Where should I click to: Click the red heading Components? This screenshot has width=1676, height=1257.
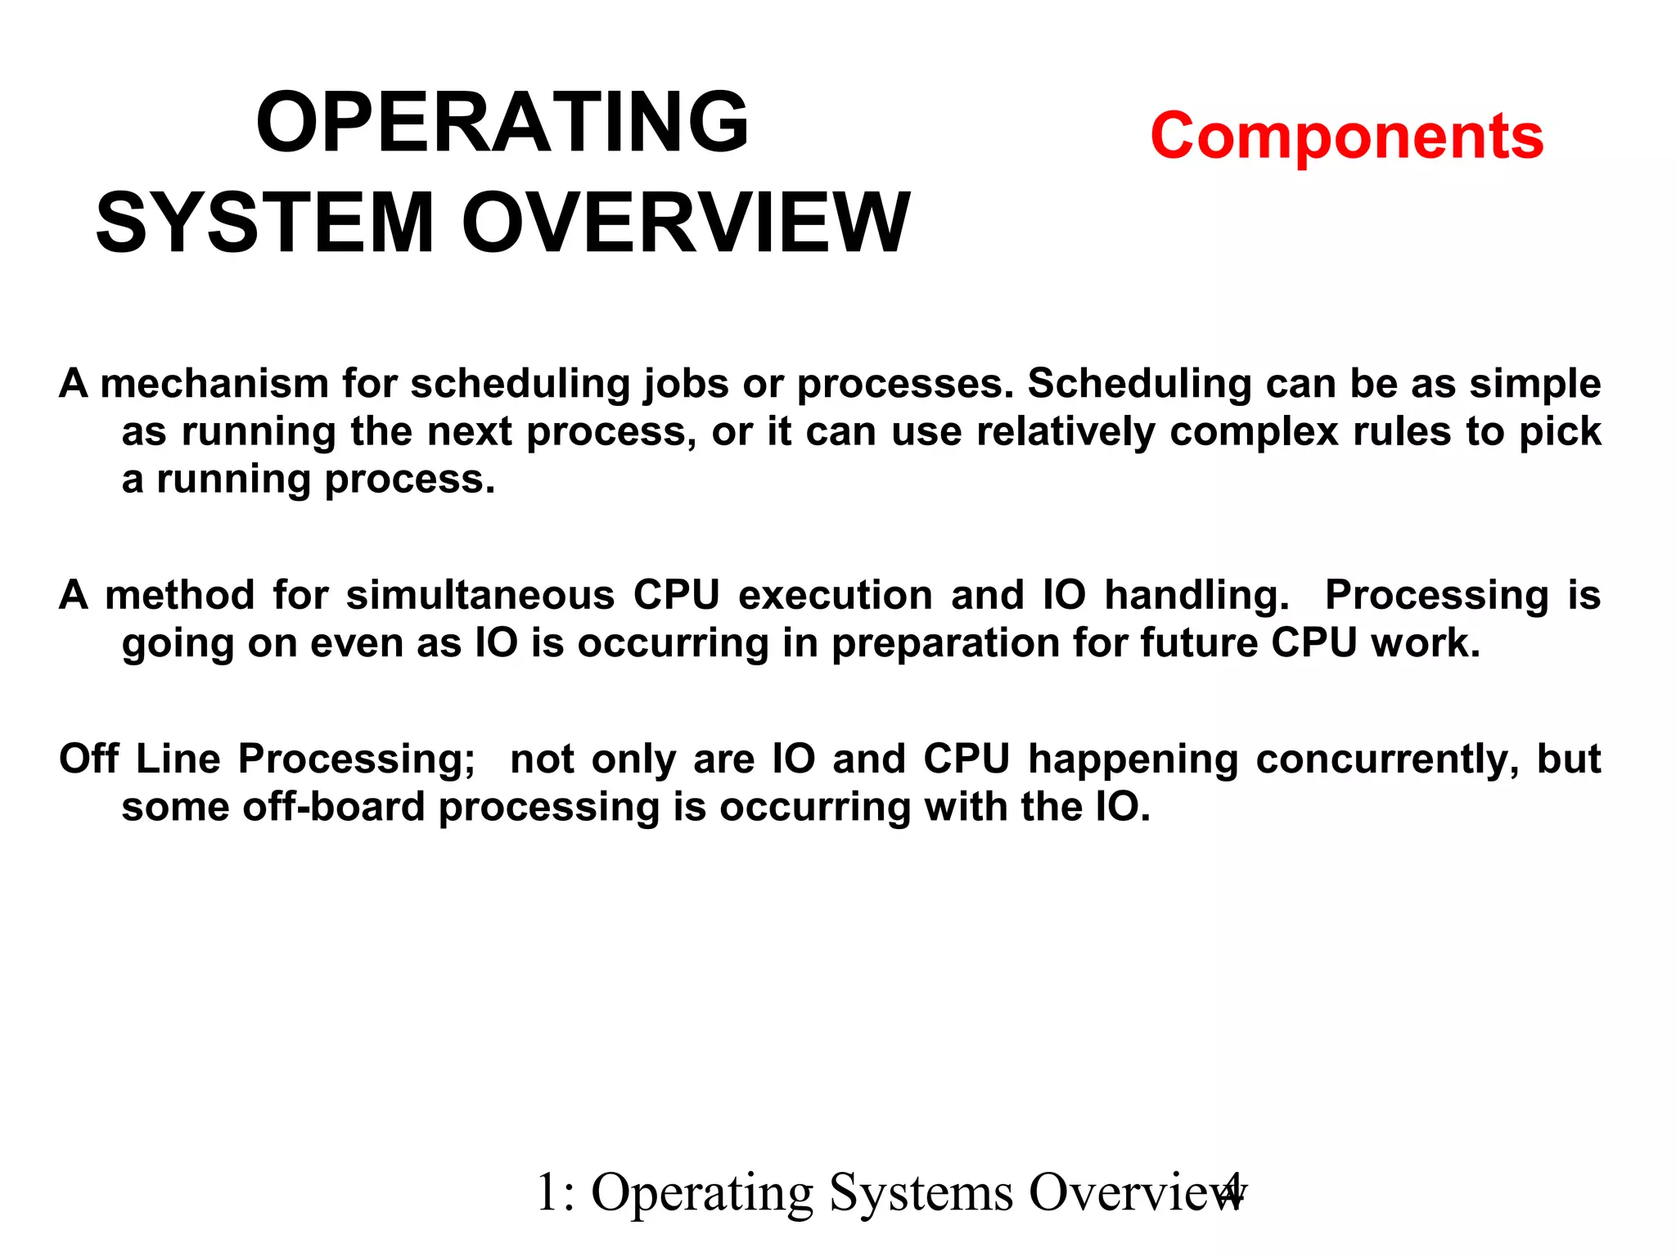click(1346, 136)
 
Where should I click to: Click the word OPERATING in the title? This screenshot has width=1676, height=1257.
click(502, 123)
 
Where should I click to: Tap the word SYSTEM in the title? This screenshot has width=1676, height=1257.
click(264, 223)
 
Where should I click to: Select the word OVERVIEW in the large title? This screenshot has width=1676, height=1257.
click(686, 223)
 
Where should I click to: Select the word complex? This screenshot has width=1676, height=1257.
click(1254, 432)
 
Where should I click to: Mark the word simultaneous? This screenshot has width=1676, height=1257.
click(480, 595)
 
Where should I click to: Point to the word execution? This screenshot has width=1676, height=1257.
click(835, 595)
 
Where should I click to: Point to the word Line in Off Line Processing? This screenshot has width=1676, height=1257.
click(178, 759)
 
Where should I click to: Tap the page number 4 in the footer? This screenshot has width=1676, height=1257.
click(1231, 1192)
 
